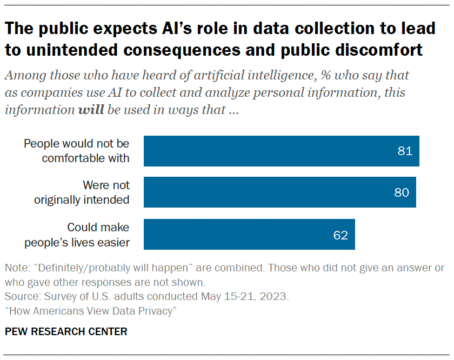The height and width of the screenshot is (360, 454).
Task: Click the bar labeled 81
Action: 281,151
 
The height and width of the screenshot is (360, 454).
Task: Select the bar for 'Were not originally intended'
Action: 279,192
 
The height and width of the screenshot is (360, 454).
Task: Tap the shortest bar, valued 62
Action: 249,235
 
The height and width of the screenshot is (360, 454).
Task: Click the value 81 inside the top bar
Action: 405,151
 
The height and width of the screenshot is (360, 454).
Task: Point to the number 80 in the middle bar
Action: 402,192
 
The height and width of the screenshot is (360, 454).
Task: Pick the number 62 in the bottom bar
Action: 340,235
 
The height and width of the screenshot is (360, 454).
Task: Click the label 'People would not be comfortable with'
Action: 77,151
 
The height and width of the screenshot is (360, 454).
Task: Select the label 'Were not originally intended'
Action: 82,192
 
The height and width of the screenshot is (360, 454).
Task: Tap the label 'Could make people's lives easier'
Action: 77,235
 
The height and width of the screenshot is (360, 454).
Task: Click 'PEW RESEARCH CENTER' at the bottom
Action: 66,331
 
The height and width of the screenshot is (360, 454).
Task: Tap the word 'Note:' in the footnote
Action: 16,268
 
